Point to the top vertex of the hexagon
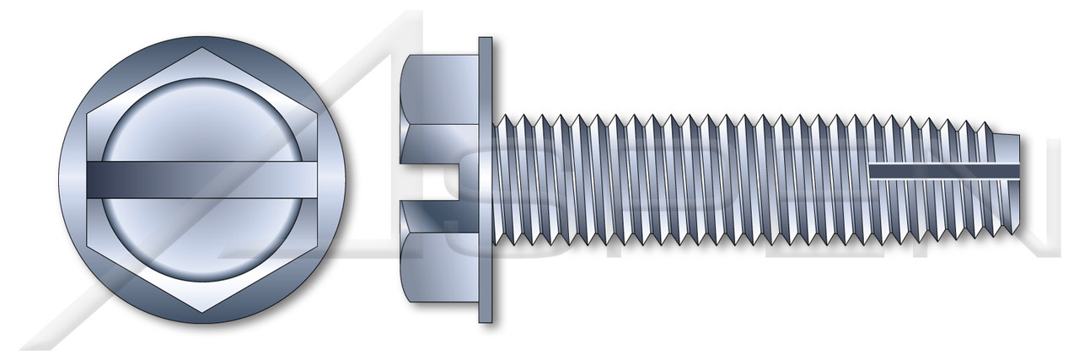point(203,49)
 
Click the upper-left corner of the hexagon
point(88,115)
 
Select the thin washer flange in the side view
point(485,180)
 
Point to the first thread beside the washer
point(502,180)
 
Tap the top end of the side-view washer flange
point(485,42)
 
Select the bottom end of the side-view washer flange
point(485,318)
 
